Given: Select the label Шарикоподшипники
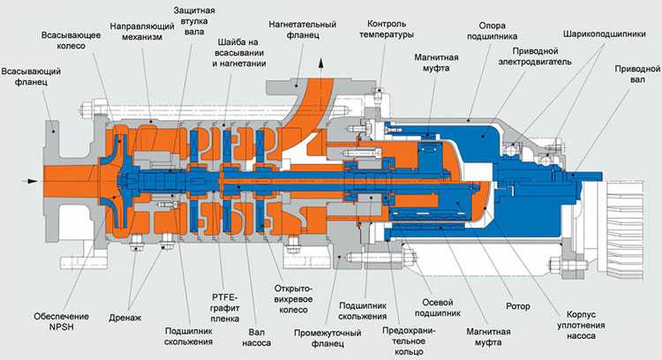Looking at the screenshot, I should pyautogui.click(x=608, y=28).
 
